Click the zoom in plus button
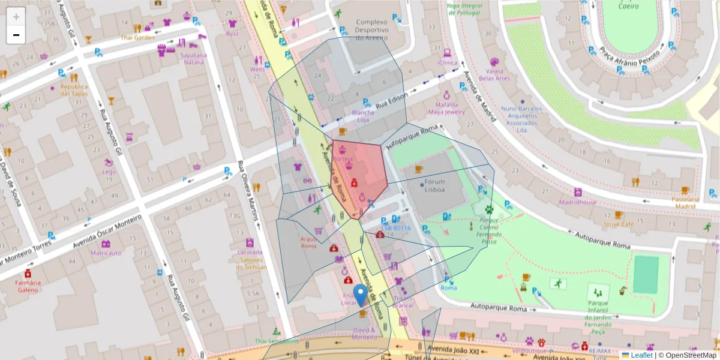coord(16,17)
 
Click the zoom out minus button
coord(16,35)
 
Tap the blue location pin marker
coord(361,295)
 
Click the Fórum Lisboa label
coord(434,186)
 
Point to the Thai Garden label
coord(137,37)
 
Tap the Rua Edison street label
coord(392,100)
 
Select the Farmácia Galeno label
coord(28,286)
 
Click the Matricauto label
coord(106,253)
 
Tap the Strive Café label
coord(619,224)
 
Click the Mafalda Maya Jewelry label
coord(446,108)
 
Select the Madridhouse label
coord(578,202)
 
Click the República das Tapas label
coord(74,90)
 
